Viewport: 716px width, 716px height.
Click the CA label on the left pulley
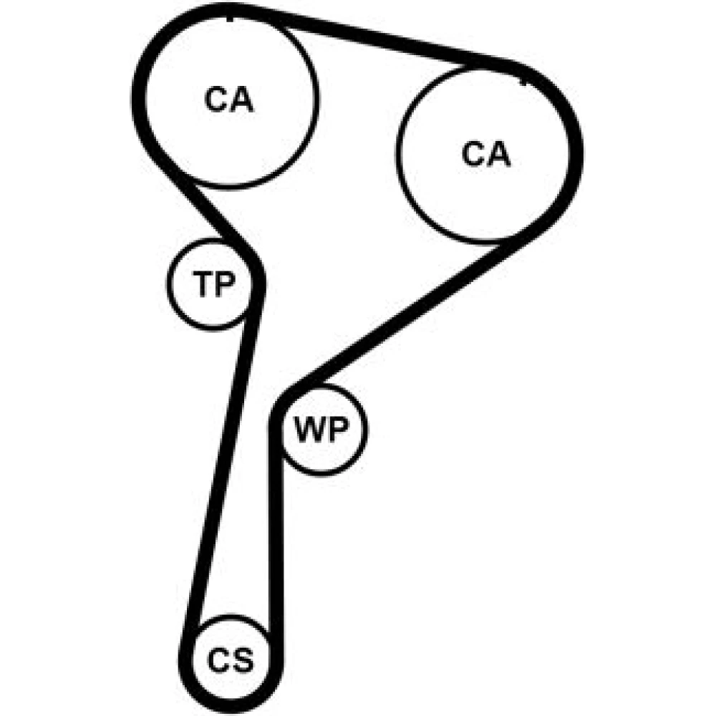[229, 99]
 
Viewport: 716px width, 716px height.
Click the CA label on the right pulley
[486, 153]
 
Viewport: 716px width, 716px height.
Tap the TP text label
[213, 284]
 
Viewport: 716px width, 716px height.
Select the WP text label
[321, 429]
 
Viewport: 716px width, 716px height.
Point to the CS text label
[230, 660]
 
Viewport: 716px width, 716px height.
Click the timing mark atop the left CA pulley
[230, 19]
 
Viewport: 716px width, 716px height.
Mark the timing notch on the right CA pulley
[523, 82]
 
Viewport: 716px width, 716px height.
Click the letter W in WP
[309, 429]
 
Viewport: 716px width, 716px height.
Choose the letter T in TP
[203, 284]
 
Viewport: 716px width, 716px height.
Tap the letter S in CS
[243, 660]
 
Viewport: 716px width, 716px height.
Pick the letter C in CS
[218, 660]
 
